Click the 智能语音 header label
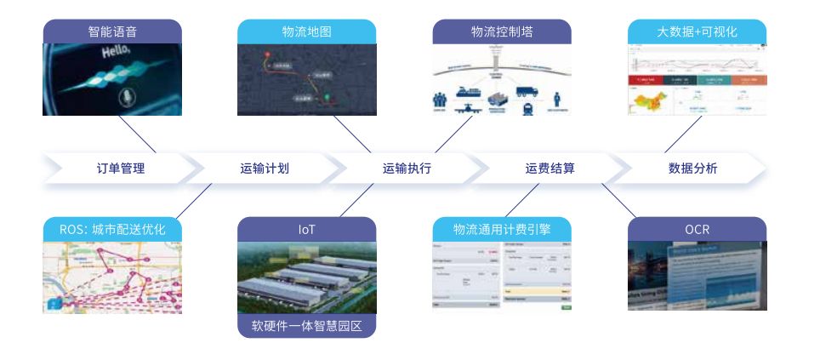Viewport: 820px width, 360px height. tap(112, 31)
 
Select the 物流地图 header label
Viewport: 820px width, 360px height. tap(306, 31)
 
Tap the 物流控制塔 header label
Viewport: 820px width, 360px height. tap(502, 31)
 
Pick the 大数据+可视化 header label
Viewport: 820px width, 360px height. tap(697, 31)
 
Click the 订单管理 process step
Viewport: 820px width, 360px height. tap(121, 168)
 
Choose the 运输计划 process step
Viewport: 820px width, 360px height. tap(265, 168)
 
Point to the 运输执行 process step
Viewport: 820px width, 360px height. tap(407, 168)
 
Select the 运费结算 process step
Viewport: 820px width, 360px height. tap(550, 168)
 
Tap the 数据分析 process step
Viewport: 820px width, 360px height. tap(693, 168)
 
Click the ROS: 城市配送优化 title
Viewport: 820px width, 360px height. tap(112, 229)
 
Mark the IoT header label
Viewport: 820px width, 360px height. tap(306, 229)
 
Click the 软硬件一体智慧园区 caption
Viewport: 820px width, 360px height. tap(306, 326)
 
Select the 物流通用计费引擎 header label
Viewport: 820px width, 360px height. tap(502, 229)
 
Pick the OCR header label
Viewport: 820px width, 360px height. tap(697, 229)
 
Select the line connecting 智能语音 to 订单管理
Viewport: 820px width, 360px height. tap(139, 134)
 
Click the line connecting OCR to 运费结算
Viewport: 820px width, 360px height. tap(618, 200)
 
